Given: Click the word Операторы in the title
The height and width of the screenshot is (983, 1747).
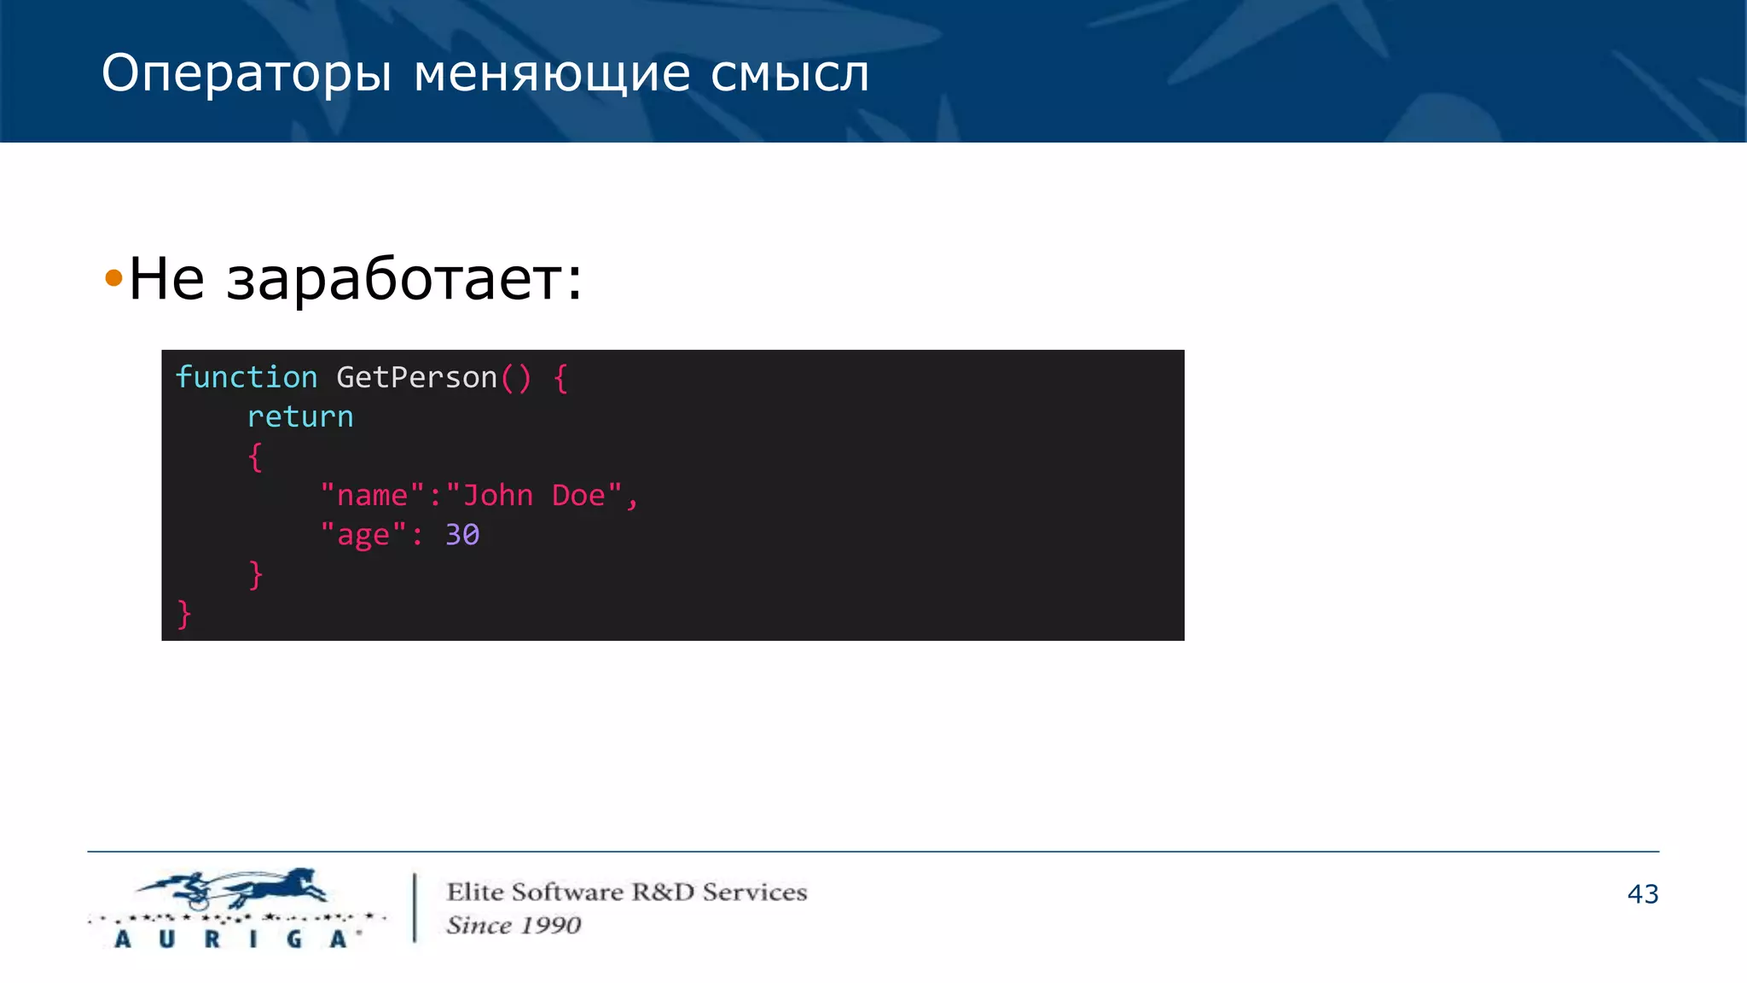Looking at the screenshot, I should (x=247, y=74).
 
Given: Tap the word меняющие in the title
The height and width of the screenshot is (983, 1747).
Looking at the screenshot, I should (x=551, y=74).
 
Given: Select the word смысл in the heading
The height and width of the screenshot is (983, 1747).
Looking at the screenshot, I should (x=790, y=74).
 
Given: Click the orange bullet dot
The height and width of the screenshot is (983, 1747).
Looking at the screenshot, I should (x=113, y=277).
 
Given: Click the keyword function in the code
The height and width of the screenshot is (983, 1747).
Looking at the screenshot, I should (x=246, y=377).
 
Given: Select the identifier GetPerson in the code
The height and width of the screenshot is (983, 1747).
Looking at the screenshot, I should (x=416, y=377).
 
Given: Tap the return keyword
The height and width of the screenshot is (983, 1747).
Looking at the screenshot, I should (x=299, y=416).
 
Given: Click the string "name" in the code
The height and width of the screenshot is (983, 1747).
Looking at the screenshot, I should (x=372, y=495).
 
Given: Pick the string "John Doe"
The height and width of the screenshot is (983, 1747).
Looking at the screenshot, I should (x=534, y=495).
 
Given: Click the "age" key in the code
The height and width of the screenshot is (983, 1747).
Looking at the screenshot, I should (x=363, y=535).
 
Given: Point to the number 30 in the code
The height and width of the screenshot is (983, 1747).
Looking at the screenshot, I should (x=462, y=535).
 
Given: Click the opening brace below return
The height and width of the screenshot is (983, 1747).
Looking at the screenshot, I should (x=254, y=457).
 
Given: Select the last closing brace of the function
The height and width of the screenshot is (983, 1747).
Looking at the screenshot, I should (x=183, y=614).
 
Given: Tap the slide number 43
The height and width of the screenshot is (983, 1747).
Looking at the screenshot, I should (x=1642, y=893).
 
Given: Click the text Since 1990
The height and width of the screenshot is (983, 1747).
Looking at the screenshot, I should (x=514, y=925).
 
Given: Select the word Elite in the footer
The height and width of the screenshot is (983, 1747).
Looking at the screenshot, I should (x=475, y=892).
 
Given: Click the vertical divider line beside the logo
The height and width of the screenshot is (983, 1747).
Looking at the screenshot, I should (x=415, y=907).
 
